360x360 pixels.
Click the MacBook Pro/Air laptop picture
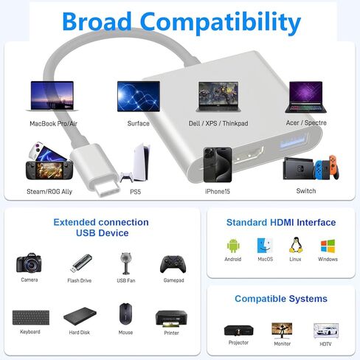pos(52,96)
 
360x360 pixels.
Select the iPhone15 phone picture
pos(218,165)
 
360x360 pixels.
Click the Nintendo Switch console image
pos(311,168)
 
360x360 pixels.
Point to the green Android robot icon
pos(233,246)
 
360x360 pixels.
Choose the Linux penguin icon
pos(296,245)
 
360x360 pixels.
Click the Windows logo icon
pos(328,246)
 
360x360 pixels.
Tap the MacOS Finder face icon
pos(265,246)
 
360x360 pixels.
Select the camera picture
pos(29,263)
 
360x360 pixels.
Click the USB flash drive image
pos(81,263)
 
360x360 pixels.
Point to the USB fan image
pos(126,263)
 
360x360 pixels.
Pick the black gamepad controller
pos(173,264)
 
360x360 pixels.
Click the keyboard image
pos(31,317)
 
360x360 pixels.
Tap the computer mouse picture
pos(125,314)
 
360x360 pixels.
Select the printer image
pos(171,319)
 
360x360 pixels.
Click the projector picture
pos(238,330)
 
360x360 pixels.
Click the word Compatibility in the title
pos(221,22)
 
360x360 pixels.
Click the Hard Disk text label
pos(80,333)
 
